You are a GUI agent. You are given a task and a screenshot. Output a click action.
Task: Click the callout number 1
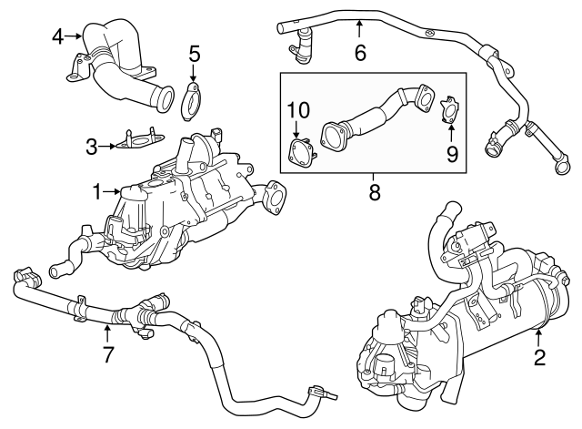pos(97,191)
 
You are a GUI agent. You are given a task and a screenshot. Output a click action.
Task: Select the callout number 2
pos(539,358)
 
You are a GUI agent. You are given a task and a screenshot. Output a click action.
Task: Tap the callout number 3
pos(92,145)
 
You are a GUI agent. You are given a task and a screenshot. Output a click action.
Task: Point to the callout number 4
pos(58,36)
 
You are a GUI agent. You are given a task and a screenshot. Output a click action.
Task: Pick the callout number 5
pos(194,54)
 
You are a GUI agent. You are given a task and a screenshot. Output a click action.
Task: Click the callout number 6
pos(360,53)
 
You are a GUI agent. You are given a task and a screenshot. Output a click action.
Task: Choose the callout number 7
pos(108,354)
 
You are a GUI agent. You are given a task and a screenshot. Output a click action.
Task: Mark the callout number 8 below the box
pos(373,192)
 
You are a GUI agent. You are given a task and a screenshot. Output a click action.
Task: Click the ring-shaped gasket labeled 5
pos(192,102)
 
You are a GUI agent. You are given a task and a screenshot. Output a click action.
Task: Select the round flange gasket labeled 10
pos(299,152)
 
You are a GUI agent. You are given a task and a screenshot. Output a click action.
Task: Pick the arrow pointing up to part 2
pos(538,335)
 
